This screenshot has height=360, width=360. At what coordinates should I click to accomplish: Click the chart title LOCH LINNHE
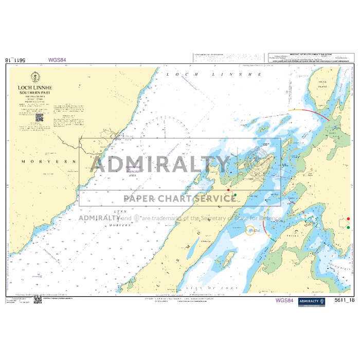(x=35, y=88)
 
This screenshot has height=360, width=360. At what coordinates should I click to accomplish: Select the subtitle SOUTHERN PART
(x=35, y=93)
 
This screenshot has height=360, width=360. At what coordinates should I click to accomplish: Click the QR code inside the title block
(x=39, y=117)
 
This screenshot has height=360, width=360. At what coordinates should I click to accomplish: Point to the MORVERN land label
(x=48, y=161)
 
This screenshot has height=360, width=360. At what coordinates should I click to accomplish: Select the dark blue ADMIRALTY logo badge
(x=312, y=301)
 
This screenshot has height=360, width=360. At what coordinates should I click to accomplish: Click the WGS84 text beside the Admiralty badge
(x=284, y=300)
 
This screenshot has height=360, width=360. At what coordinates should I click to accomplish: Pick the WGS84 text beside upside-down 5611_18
(x=57, y=60)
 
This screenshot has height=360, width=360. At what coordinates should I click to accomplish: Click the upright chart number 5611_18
(x=344, y=301)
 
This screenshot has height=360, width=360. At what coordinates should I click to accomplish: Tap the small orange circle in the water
(x=250, y=231)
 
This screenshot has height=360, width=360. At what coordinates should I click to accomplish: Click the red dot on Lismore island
(x=228, y=190)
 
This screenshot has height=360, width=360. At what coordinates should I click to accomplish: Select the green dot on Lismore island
(x=235, y=195)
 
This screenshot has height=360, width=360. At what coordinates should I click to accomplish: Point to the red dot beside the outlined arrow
(x=349, y=219)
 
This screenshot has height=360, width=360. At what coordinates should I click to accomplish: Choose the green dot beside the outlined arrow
(x=349, y=227)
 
